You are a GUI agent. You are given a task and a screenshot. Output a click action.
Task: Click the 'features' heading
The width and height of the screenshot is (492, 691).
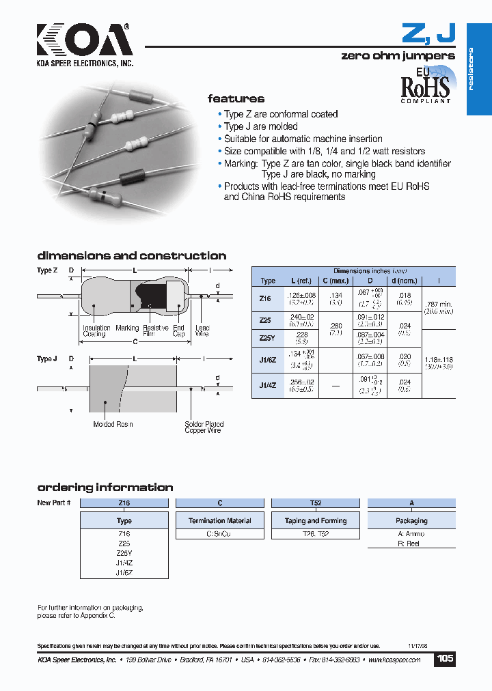click(x=236, y=98)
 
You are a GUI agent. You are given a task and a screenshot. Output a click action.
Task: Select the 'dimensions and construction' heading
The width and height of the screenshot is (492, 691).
click(x=131, y=256)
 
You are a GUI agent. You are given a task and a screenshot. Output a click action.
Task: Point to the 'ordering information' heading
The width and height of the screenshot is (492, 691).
click(x=105, y=488)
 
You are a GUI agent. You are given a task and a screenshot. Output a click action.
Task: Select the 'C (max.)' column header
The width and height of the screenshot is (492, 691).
click(x=335, y=281)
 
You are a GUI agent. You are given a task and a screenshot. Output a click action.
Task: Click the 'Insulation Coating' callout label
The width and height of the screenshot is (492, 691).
click(x=96, y=331)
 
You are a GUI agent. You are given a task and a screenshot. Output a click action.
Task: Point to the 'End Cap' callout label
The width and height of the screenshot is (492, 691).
click(x=178, y=331)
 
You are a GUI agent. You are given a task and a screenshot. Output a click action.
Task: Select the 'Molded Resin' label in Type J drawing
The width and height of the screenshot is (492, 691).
click(x=113, y=424)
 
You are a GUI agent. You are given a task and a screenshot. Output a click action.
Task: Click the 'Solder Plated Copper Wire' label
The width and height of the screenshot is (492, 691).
click(x=204, y=427)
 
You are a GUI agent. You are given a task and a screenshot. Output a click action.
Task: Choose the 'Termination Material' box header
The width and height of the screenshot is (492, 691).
click(x=220, y=520)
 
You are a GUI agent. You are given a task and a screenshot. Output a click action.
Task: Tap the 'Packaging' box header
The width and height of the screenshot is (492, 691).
click(x=411, y=520)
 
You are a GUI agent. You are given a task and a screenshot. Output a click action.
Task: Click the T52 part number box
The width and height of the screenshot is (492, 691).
click(x=316, y=503)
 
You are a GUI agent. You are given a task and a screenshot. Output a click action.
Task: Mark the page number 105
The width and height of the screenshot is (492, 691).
click(x=445, y=659)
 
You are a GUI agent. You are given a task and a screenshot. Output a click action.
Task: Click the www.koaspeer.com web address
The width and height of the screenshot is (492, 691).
click(x=396, y=660)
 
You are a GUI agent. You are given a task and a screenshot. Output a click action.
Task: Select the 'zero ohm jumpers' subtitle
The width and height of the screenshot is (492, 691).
click(x=398, y=56)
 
